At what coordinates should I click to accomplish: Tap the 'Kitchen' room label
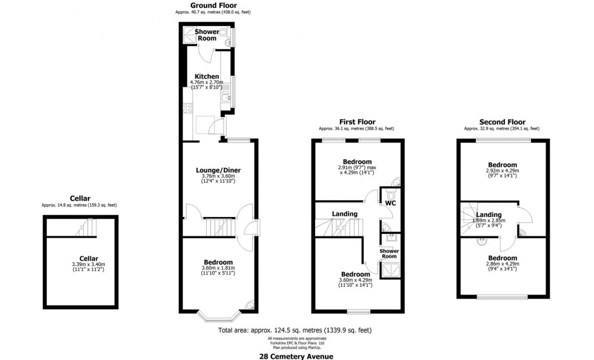coord(207,76)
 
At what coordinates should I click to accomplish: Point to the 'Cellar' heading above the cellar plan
coord(79,198)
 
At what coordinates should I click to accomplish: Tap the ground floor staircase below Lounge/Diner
coord(217,228)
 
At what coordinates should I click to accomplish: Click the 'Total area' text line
coord(295,330)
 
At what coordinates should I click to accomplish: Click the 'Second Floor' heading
coord(502,122)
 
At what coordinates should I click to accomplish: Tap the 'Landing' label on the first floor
coord(345,213)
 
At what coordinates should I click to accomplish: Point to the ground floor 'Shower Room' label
coord(207,35)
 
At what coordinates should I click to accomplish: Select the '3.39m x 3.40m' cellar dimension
coord(88,264)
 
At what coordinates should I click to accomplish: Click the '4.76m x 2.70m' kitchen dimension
coord(207,82)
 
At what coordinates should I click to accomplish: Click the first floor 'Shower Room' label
coord(389,253)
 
